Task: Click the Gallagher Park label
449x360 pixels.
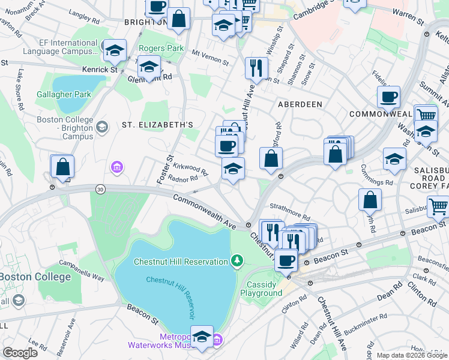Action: click(64, 94)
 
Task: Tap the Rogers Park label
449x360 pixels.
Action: click(160, 48)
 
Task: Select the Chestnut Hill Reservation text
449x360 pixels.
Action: click(180, 262)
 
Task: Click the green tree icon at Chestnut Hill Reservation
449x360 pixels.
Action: click(238, 260)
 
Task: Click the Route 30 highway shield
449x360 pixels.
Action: click(100, 189)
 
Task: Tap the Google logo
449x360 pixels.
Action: click(20, 352)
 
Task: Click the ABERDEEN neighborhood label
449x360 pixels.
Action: click(300, 104)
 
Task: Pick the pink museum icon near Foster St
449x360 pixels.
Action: click(116, 166)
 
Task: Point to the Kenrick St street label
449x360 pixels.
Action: click(104, 70)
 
